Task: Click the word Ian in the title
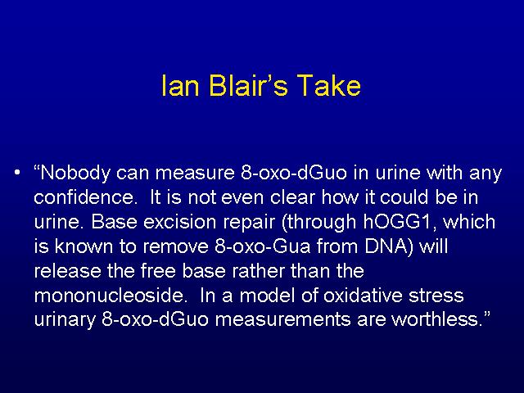(x=180, y=85)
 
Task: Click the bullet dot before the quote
(x=17, y=173)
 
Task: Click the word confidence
(x=84, y=197)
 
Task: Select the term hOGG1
(x=400, y=222)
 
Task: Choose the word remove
(x=175, y=246)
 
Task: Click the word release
(x=67, y=271)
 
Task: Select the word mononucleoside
(x=109, y=296)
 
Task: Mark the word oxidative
(x=363, y=296)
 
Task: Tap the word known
(x=84, y=246)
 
